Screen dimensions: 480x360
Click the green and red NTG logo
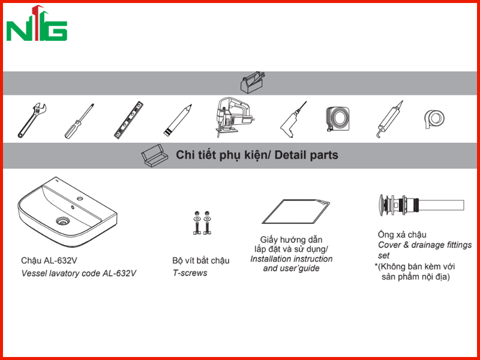[37, 23]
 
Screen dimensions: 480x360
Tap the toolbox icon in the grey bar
[253, 82]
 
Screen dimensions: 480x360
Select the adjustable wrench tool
[32, 121]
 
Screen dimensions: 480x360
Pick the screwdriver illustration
[79, 121]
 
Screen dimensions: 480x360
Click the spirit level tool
[128, 120]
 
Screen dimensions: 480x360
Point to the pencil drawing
[178, 121]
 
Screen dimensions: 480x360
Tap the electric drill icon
[293, 120]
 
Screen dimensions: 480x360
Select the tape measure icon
[337, 118]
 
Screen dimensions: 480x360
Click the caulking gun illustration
[389, 119]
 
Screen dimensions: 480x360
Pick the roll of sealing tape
[434, 119]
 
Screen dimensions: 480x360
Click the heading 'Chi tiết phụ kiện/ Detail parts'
[257, 155]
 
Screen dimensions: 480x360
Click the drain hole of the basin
[63, 221]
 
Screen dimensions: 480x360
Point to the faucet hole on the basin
[80, 199]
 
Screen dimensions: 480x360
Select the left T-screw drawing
[197, 223]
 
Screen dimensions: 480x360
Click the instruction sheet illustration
[296, 212]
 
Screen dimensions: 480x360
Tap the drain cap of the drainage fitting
[382, 205]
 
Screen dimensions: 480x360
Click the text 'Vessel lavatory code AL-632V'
[79, 274]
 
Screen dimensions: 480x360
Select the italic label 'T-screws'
[190, 273]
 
